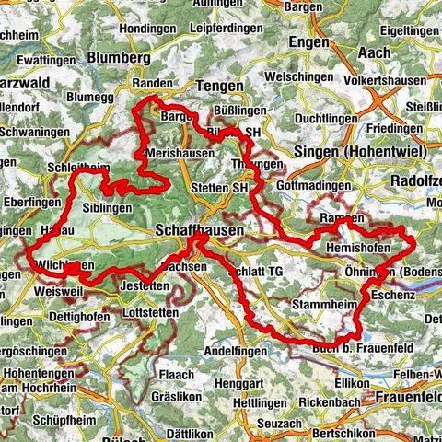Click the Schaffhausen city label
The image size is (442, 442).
click(x=200, y=228)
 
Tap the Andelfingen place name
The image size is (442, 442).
click(x=235, y=352)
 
